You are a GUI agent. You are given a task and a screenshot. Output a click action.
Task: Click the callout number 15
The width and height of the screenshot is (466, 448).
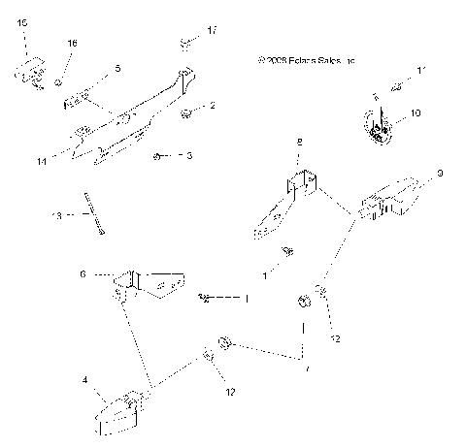(x=22, y=21)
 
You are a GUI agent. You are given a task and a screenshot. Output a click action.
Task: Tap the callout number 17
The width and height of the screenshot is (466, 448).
(x=212, y=32)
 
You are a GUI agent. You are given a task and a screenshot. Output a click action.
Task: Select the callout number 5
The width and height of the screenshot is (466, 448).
(x=117, y=69)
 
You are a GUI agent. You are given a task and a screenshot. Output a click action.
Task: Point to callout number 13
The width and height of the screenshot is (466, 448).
(x=57, y=216)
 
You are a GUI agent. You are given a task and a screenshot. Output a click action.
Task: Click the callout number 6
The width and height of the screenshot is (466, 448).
(x=83, y=275)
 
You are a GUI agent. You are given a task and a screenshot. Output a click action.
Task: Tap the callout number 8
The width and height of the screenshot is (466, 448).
(x=299, y=142)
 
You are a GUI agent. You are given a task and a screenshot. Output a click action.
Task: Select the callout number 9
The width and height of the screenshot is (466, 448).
(x=440, y=175)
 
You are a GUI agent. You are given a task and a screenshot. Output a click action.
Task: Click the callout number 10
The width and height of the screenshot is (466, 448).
(x=416, y=113)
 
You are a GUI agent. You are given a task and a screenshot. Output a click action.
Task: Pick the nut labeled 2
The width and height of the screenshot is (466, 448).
(x=184, y=113)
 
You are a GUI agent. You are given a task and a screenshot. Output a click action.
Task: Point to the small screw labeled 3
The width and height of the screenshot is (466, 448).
(x=157, y=155)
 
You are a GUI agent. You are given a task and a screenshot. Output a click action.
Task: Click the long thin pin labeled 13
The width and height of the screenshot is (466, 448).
(x=93, y=213)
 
